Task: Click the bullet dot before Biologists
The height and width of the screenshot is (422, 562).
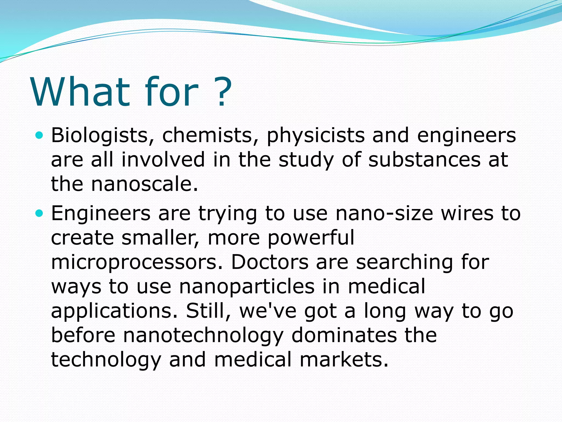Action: click(40, 135)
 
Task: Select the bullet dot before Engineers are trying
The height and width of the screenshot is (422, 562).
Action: click(40, 213)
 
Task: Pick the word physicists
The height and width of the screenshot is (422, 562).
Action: click(316, 135)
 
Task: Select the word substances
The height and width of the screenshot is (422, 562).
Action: click(424, 160)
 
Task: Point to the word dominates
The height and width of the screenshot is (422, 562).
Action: click(344, 335)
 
